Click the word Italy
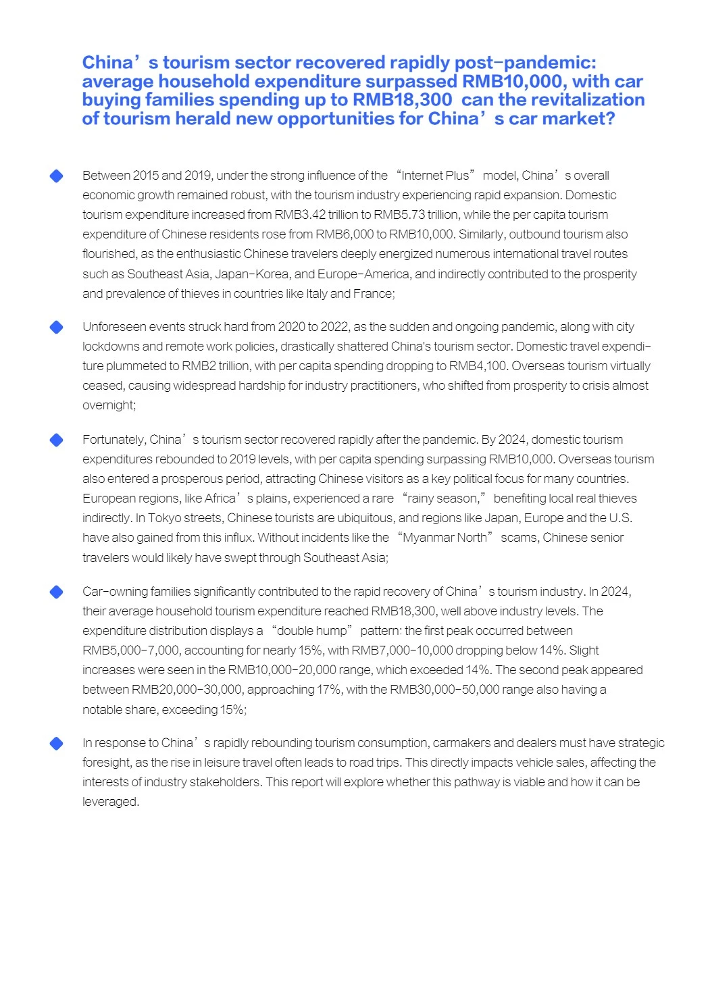[316, 294]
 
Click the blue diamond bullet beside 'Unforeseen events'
[57, 327]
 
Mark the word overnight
[109, 405]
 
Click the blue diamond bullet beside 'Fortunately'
[57, 440]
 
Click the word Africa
[220, 498]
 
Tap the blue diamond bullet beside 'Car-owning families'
[57, 592]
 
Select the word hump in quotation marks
[334, 631]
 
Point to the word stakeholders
[226, 782]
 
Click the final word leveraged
[109, 802]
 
